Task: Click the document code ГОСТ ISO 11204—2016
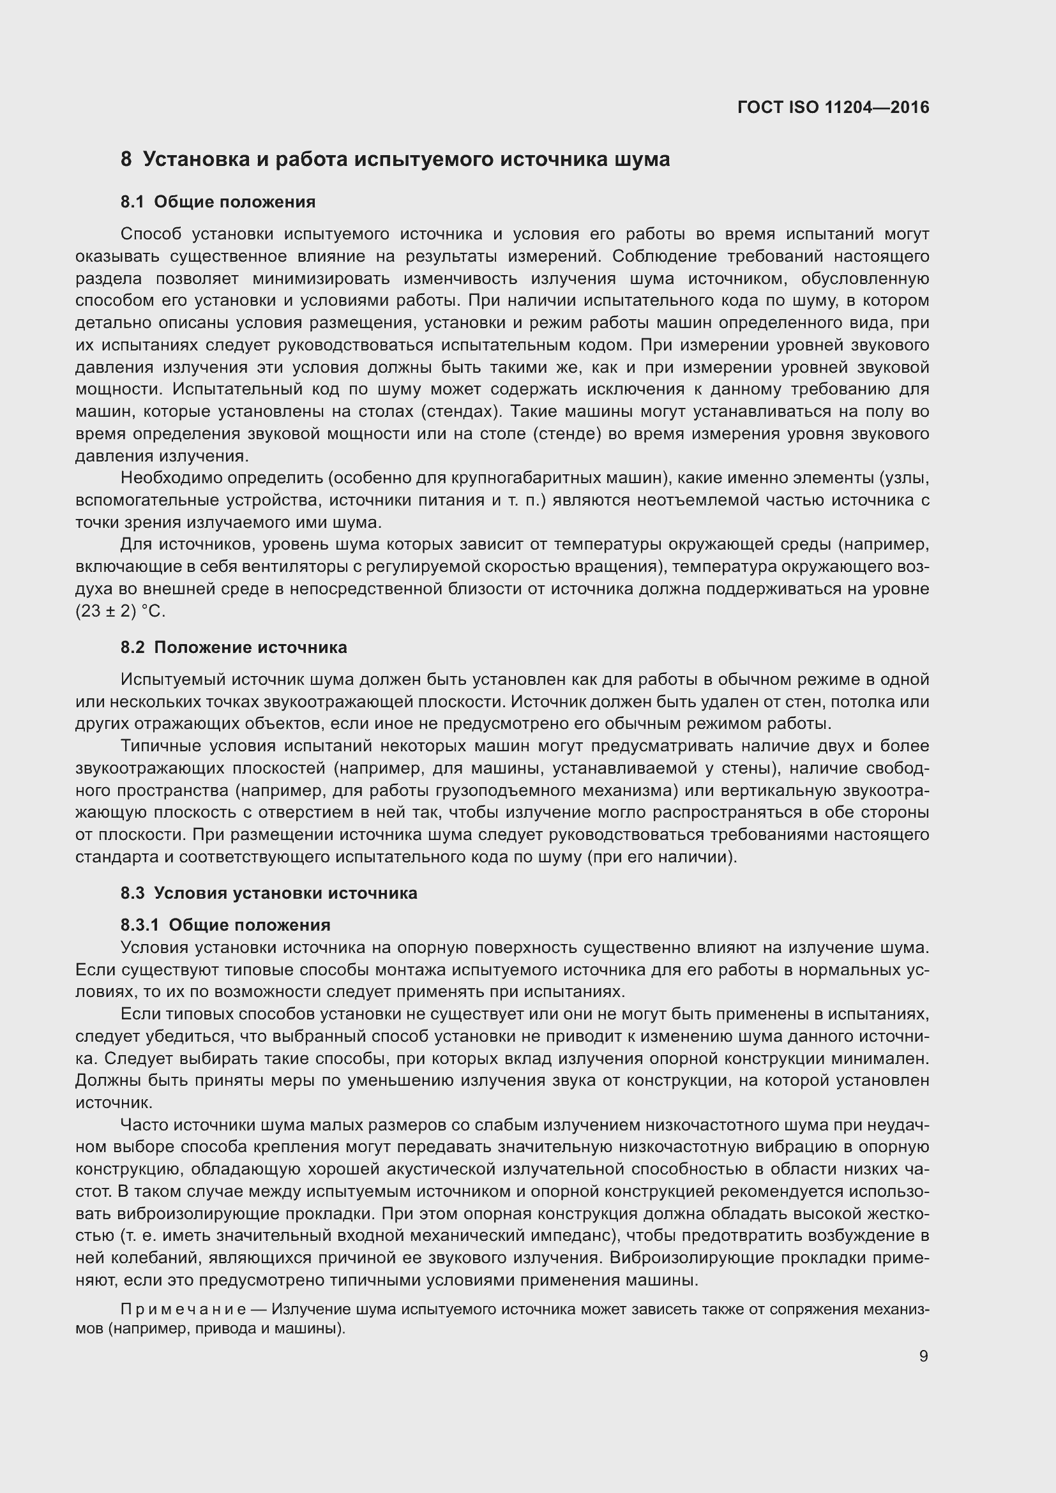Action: pyautogui.click(x=833, y=107)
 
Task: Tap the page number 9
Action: pyautogui.click(x=923, y=1356)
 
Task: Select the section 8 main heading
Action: pyautogui.click(x=395, y=160)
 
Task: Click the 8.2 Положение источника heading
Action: pyautogui.click(x=234, y=648)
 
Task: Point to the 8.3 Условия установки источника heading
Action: pyautogui.click(x=269, y=893)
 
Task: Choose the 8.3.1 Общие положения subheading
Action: pyautogui.click(x=225, y=925)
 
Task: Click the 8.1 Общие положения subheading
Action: pyautogui.click(x=218, y=202)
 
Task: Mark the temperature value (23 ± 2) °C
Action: pyautogui.click(x=121, y=611)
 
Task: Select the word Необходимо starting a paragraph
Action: pyautogui.click(x=172, y=478)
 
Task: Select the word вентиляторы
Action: pyautogui.click(x=295, y=567)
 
